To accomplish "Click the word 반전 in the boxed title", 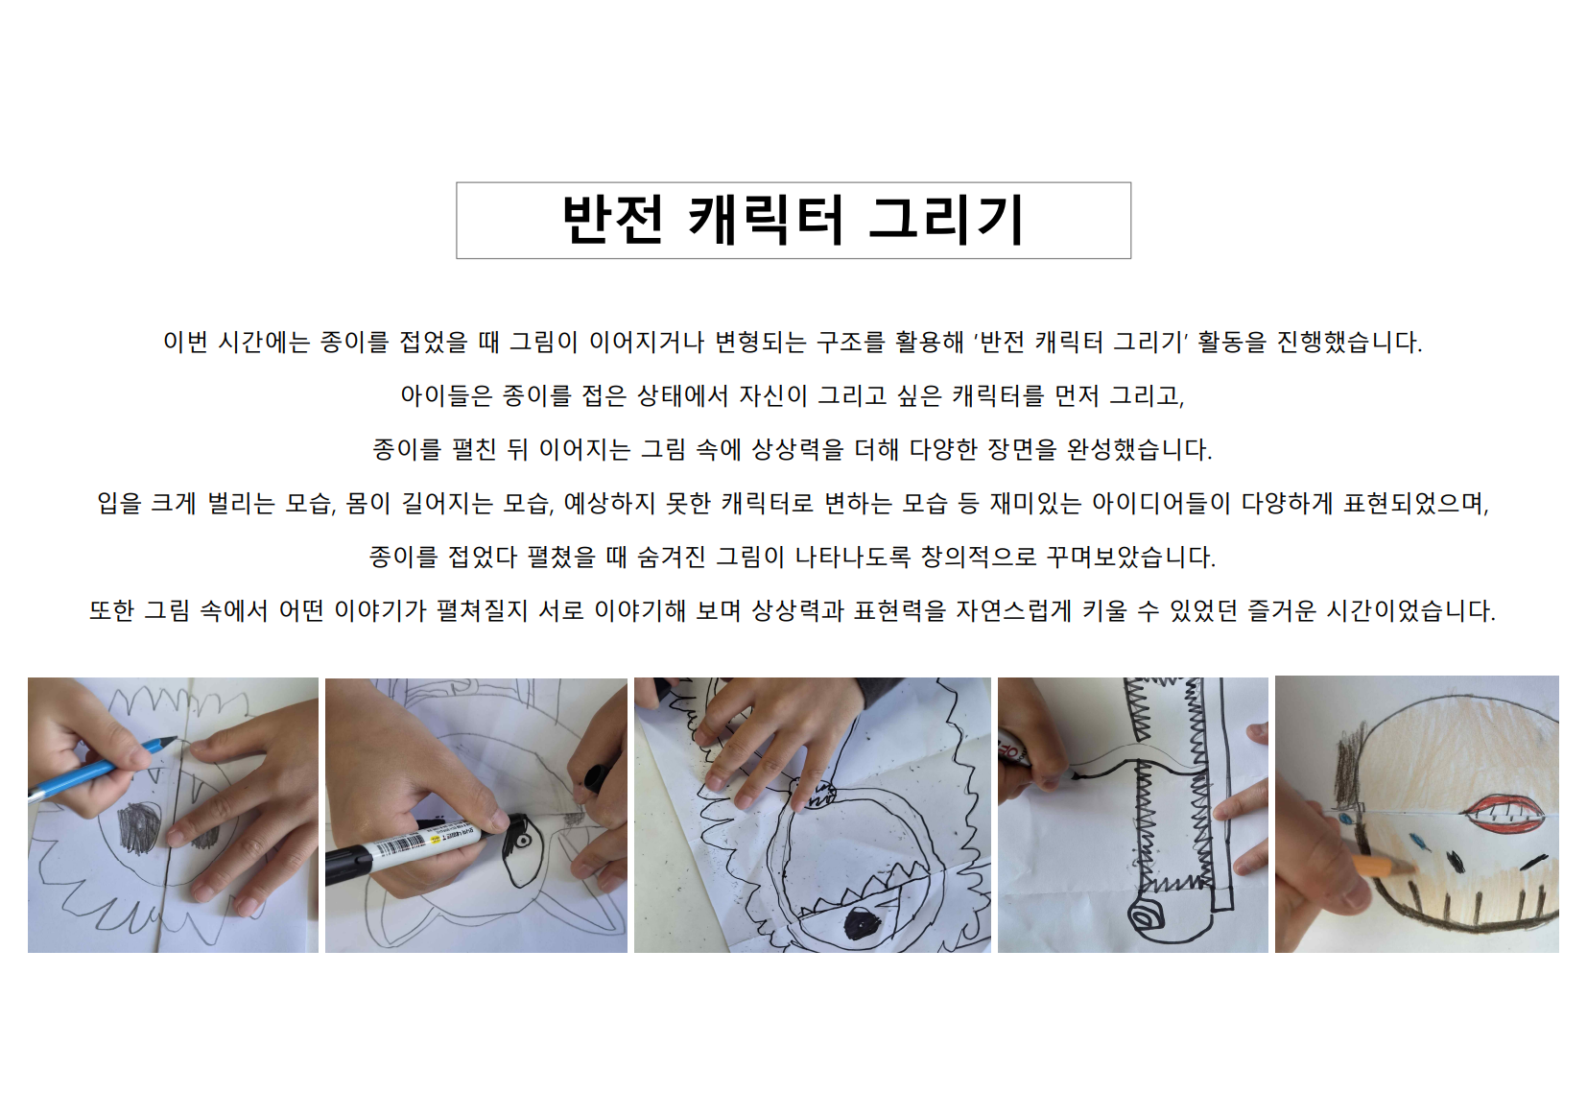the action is click(x=613, y=221).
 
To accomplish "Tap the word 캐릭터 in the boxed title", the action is click(x=766, y=221).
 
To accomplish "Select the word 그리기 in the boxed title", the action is click(x=946, y=221).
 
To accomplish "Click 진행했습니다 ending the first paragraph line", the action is click(x=1350, y=343).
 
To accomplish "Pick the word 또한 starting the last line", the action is click(x=111, y=610).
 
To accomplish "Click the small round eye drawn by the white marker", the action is click(x=523, y=841).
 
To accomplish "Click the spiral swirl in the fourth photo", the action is click(x=1147, y=918).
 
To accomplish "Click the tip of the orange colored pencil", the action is click(x=1412, y=869).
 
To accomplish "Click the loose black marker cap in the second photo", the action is click(x=595, y=778).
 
